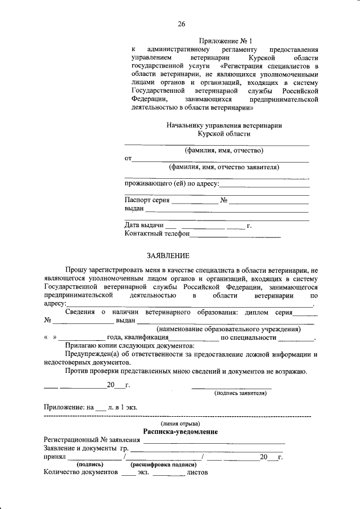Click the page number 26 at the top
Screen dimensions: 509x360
click(181, 24)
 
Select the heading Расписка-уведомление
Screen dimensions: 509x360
click(181, 431)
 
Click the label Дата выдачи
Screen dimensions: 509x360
click(144, 226)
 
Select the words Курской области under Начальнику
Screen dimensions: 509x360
click(224, 134)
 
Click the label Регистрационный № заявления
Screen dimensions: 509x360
click(91, 440)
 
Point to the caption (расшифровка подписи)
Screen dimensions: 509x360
click(164, 465)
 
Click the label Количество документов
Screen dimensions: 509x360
click(81, 474)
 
